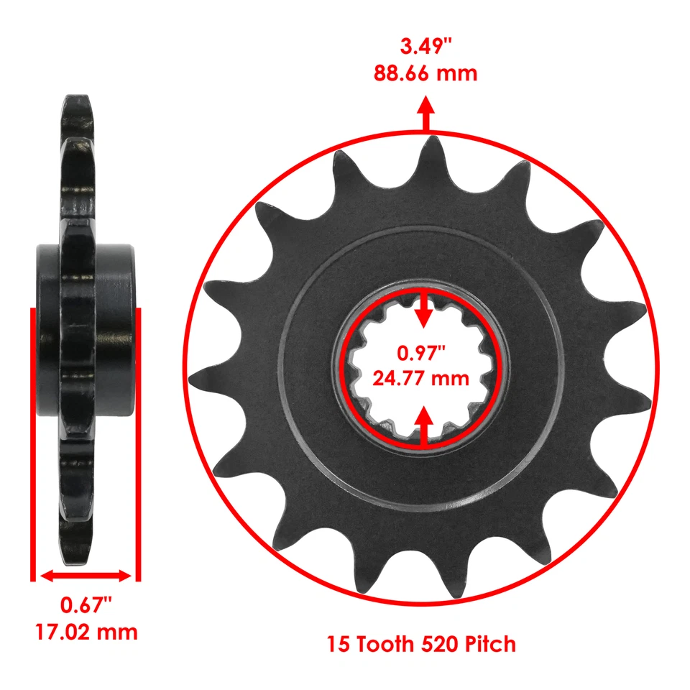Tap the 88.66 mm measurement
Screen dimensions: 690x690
click(425, 73)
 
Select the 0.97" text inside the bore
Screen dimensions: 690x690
click(421, 353)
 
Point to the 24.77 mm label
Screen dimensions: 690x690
click(421, 377)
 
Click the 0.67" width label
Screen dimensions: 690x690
click(86, 605)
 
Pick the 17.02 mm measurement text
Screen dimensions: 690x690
click(86, 632)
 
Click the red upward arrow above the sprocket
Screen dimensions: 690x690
click(426, 115)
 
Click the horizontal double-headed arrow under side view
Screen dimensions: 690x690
click(86, 576)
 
